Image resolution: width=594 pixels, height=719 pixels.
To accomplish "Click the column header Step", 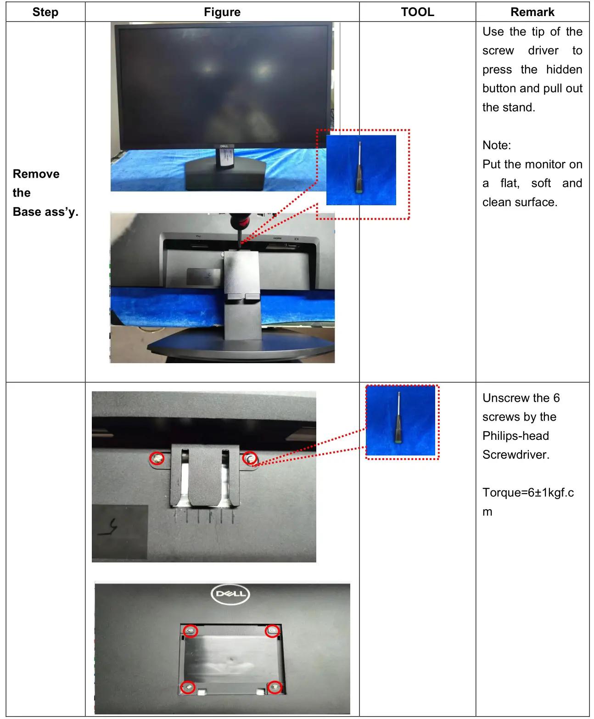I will [45, 12].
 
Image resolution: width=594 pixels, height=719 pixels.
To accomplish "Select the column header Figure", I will [222, 12].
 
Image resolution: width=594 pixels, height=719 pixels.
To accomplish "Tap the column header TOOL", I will [417, 12].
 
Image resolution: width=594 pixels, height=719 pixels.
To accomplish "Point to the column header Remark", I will [532, 12].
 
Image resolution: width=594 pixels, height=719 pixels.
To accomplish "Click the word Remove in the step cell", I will [36, 174].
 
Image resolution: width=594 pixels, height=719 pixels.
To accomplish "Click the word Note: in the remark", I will [497, 146].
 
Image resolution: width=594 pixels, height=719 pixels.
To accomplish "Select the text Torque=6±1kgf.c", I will [528, 493].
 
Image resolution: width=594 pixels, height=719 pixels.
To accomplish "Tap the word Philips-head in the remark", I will [516, 436].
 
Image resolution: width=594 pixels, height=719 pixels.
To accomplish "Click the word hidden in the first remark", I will [564, 70].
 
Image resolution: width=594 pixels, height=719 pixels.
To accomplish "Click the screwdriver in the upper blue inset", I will [359, 168].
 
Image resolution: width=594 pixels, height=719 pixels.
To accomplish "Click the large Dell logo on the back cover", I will [230, 594].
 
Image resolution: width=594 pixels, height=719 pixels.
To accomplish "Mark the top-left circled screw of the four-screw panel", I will [191, 631].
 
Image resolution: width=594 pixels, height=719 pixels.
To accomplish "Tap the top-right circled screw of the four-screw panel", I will [273, 631].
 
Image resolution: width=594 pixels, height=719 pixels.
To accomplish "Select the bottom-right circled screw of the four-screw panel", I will [275, 687].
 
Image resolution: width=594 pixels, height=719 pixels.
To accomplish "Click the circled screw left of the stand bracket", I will [157, 458].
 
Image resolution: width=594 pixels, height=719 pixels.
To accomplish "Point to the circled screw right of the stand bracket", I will [250, 458].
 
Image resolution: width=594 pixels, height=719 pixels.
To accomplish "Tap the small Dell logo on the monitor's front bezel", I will [224, 146].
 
